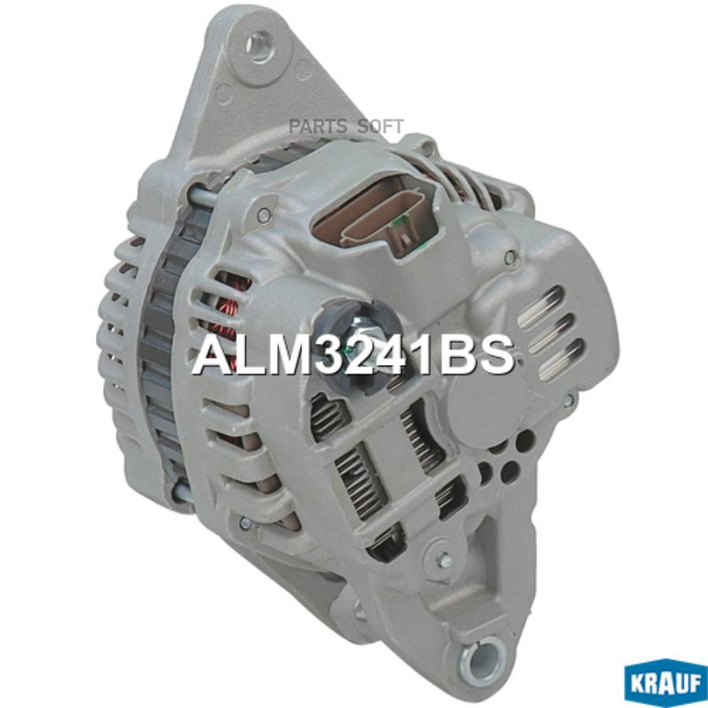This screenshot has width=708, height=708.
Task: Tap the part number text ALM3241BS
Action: [353, 355]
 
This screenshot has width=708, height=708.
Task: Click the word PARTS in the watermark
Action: [318, 127]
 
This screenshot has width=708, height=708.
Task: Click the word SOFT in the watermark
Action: [380, 127]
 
